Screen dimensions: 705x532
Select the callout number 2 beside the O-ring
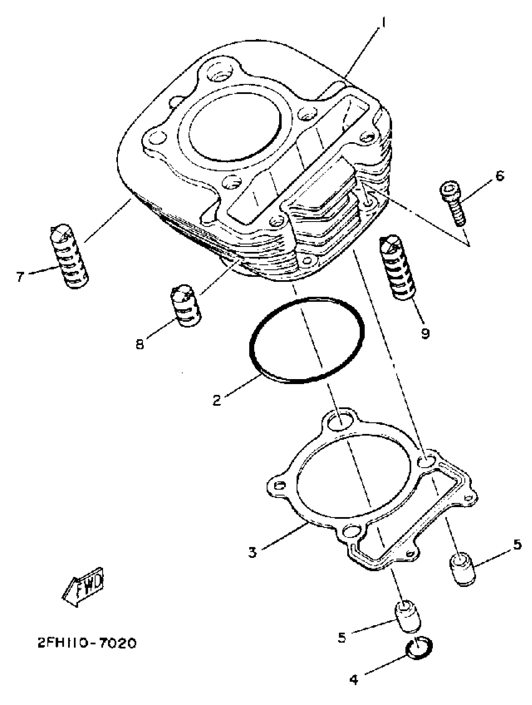[x=217, y=400]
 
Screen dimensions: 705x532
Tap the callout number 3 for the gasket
[x=252, y=552]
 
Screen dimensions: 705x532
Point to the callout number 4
[x=354, y=678]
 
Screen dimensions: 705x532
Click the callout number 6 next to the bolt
[x=500, y=175]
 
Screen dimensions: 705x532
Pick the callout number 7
[x=20, y=277]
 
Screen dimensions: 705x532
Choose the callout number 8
[x=140, y=343]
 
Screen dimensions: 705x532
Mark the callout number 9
[x=425, y=333]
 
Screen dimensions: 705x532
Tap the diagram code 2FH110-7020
[x=87, y=643]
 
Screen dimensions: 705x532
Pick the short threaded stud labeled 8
[x=185, y=305]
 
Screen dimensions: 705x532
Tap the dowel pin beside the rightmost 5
[x=462, y=570]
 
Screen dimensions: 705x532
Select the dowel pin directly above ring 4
[x=408, y=617]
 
